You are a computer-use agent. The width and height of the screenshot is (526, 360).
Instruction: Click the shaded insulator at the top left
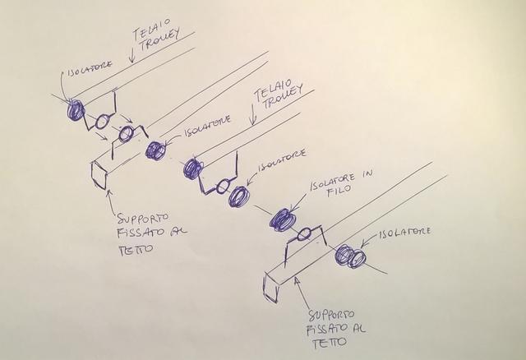[x=76, y=109]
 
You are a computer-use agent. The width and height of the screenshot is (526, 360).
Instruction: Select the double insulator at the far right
[x=351, y=256]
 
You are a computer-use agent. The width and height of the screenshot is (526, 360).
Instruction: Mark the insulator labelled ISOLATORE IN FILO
[x=283, y=219]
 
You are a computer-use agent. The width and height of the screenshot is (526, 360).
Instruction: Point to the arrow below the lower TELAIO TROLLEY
[x=254, y=120]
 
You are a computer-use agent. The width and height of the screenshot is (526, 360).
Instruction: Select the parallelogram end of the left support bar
[x=98, y=174]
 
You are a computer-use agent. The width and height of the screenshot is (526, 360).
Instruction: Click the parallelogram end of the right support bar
[x=271, y=283]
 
